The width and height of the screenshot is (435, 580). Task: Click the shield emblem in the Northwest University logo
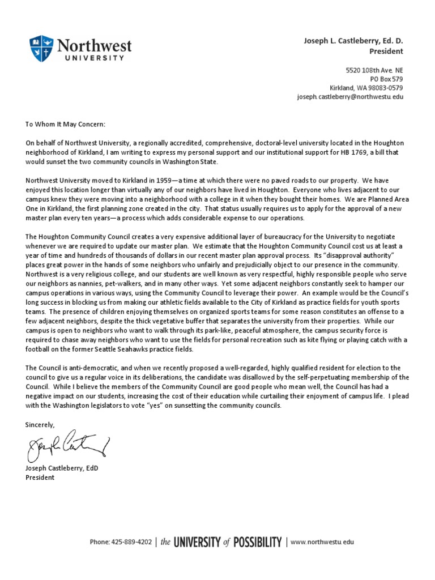pyautogui.click(x=41, y=48)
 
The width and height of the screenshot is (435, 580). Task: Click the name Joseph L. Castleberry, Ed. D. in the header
pyautogui.click(x=353, y=41)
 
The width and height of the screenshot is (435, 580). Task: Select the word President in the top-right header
pyautogui.click(x=386, y=52)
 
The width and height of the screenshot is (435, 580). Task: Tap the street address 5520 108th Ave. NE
pyautogui.click(x=374, y=70)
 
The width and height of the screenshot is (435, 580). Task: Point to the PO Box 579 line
pyautogui.click(x=386, y=79)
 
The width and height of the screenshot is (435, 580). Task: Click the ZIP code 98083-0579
pyautogui.click(x=384, y=88)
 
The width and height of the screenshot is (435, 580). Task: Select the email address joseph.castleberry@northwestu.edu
pyautogui.click(x=350, y=97)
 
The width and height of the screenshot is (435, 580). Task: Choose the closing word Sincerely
pyautogui.click(x=40, y=424)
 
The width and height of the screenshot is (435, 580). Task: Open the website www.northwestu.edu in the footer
pyautogui.click(x=322, y=542)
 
